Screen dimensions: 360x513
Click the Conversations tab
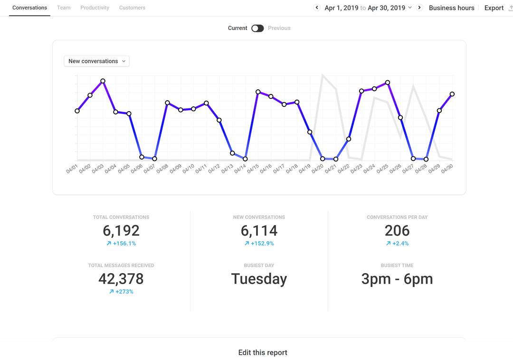click(x=29, y=8)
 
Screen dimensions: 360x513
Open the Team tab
click(x=64, y=8)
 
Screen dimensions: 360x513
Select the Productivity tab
click(x=95, y=8)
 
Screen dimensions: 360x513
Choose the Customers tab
click(x=132, y=8)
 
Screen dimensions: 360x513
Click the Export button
click(x=494, y=8)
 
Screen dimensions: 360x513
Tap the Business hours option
click(x=451, y=8)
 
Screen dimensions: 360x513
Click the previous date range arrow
click(x=317, y=8)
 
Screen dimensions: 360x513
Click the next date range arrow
click(x=419, y=8)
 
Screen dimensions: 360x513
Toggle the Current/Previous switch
click(x=257, y=28)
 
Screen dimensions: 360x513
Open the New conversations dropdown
click(x=97, y=61)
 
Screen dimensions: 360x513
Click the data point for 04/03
click(x=103, y=81)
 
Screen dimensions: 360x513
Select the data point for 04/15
click(x=258, y=92)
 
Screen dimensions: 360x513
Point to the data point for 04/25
click(x=388, y=83)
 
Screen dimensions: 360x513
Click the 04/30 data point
click(x=452, y=94)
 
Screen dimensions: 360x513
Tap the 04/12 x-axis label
click(x=214, y=168)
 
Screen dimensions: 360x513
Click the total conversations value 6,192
click(x=121, y=230)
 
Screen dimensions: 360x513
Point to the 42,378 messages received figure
click(x=121, y=278)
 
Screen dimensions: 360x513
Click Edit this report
click(x=263, y=352)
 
